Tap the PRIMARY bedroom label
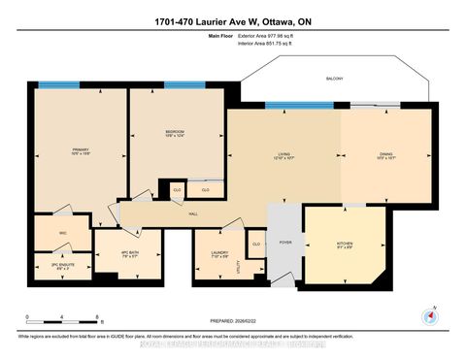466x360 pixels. point(80,148)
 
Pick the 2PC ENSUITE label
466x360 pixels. point(63,264)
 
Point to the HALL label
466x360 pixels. point(192,213)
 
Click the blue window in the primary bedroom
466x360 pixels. point(59,85)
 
